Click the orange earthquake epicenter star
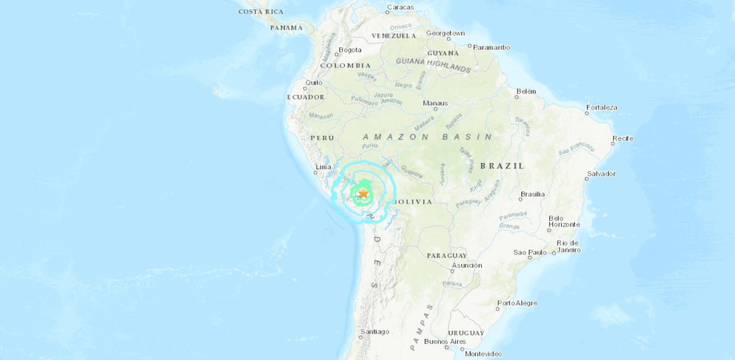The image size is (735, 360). (x=363, y=193)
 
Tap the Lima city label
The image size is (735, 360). (x=323, y=167)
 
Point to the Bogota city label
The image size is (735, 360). (x=350, y=50)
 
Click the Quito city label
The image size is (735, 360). (x=314, y=83)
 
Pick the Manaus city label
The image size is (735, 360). (x=435, y=103)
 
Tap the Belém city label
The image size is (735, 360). (x=526, y=91)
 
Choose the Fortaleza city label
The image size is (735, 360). (x=601, y=108)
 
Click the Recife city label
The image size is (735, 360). (x=623, y=138)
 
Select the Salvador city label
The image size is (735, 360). (x=601, y=174)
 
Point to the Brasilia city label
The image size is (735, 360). (x=532, y=195)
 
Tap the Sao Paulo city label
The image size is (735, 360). (x=530, y=252)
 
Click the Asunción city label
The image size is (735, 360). (x=467, y=265)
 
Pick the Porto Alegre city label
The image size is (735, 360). (x=518, y=303)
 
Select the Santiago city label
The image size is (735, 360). (x=375, y=332)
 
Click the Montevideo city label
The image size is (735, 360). (x=484, y=354)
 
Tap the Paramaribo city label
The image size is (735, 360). (x=492, y=47)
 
